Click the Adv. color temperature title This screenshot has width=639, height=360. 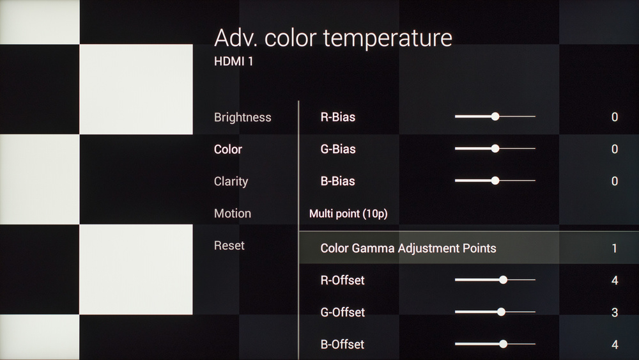pos(333,38)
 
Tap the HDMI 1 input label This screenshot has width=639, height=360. pos(233,61)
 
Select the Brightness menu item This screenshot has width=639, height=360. pos(242,118)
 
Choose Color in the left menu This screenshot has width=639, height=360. pos(228,149)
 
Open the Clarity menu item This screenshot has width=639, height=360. pos(231,182)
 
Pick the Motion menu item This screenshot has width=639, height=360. pos(233,213)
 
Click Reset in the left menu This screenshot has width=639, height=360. pos(229,246)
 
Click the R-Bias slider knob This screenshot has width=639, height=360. pos(495,116)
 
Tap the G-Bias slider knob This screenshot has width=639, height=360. pos(495,149)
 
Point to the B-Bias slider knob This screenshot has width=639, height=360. pos(495,180)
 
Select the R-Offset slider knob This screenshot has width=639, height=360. pos(504,279)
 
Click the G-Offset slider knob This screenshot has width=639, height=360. pos(501,312)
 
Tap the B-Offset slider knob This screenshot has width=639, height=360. pos(504,344)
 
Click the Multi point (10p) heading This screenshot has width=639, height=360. pos(348,214)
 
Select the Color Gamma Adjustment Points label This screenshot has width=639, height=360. pos(408,248)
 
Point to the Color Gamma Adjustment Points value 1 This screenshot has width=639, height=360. pos(615,248)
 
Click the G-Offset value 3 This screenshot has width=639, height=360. pos(615,312)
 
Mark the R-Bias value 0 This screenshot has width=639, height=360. pos(615,117)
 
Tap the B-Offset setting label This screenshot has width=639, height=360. pos(343,345)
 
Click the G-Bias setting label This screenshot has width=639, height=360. pos(338,149)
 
